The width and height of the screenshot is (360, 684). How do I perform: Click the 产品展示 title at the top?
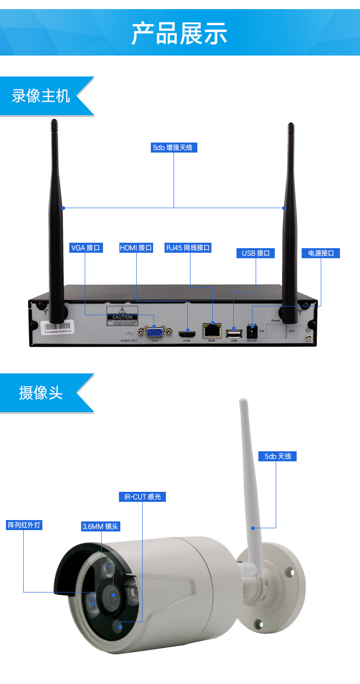click(x=179, y=33)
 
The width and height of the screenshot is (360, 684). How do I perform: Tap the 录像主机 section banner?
click(x=41, y=96)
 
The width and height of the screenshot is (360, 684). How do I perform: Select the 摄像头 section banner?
click(x=41, y=393)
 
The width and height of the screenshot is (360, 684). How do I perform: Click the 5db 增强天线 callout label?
click(x=174, y=148)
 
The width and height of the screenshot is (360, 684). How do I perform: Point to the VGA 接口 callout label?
click(x=85, y=248)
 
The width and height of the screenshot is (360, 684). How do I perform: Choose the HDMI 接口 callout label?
click(x=136, y=248)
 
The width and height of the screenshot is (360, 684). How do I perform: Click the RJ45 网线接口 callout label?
click(x=188, y=248)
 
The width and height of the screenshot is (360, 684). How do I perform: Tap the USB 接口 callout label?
click(x=256, y=253)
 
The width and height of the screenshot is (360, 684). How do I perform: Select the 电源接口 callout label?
click(x=321, y=253)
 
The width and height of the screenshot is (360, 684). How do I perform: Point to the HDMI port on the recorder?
click(x=187, y=333)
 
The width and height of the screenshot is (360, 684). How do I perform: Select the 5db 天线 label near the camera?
click(x=278, y=456)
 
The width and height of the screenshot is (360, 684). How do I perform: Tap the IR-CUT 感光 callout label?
click(x=142, y=497)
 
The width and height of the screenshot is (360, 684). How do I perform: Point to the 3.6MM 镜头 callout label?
click(x=101, y=526)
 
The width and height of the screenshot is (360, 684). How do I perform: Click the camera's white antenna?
click(x=249, y=478)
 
